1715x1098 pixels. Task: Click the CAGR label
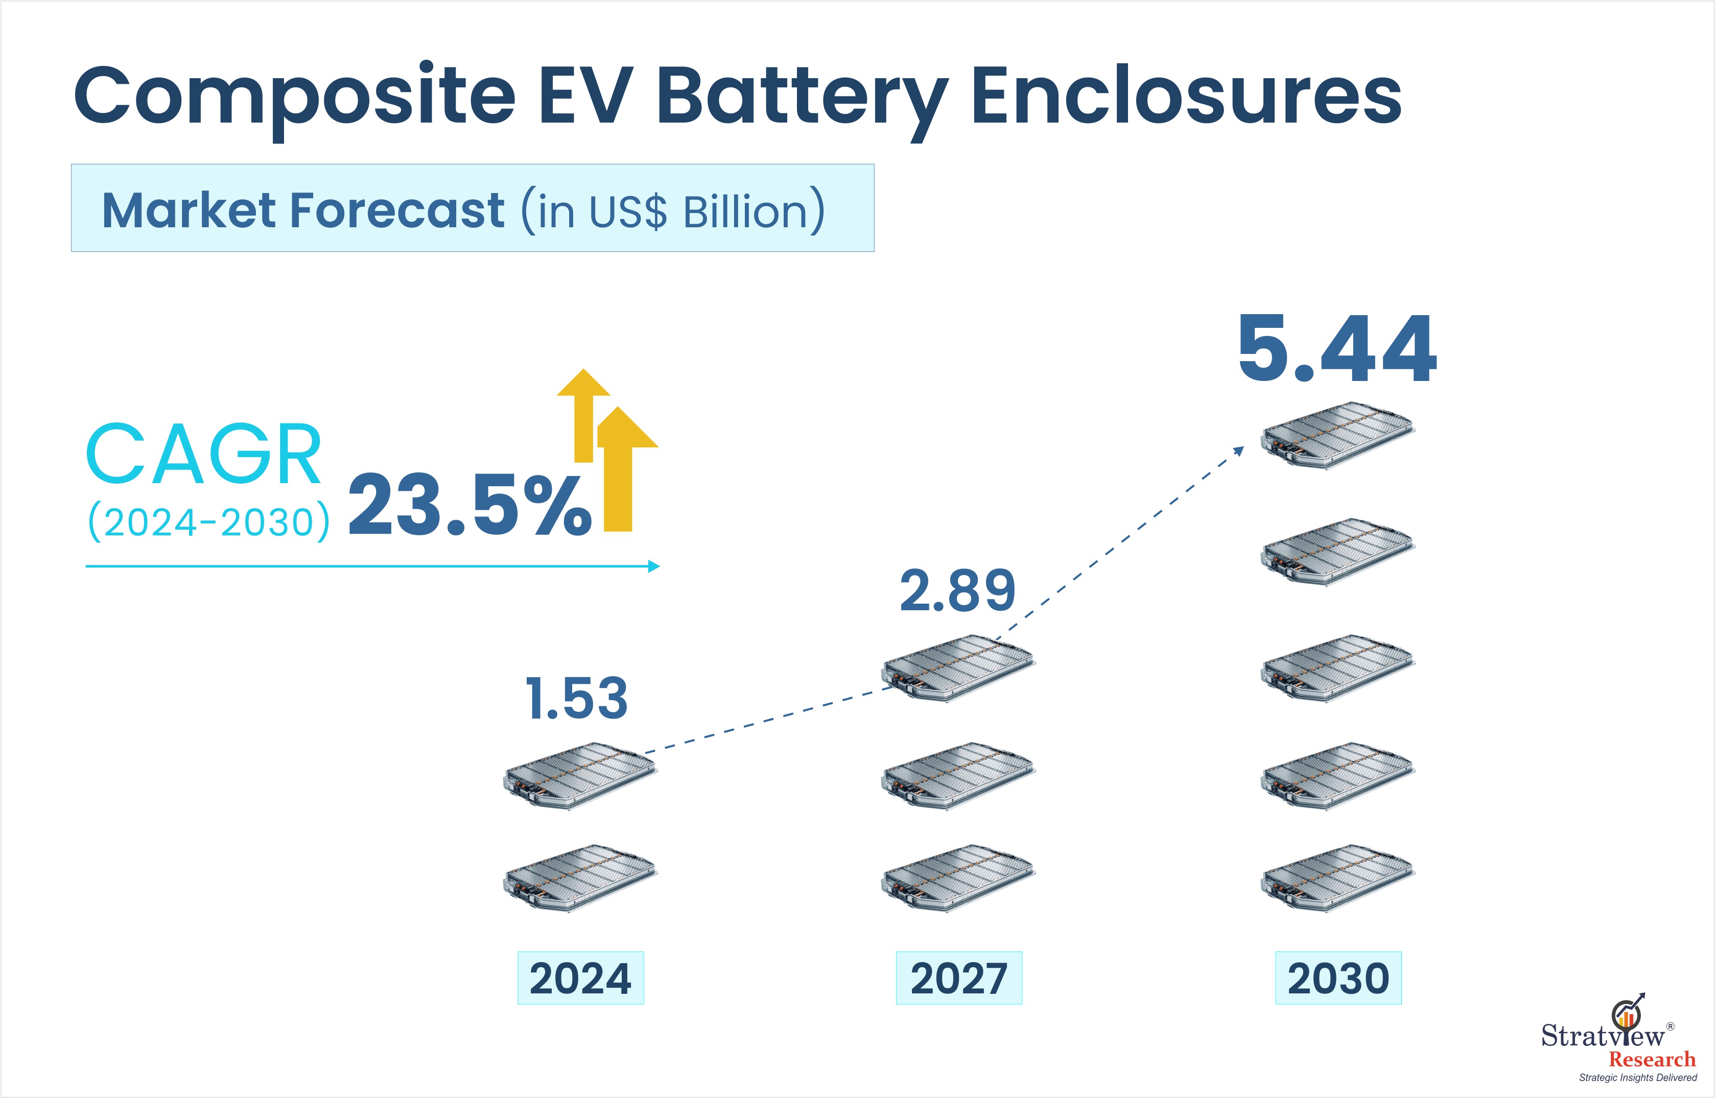(203, 454)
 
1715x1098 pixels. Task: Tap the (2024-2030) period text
(208, 522)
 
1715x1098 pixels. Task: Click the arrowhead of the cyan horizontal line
(653, 567)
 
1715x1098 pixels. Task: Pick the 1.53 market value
(576, 698)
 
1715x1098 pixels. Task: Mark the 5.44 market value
(1337, 350)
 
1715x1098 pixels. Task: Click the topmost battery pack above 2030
(1337, 435)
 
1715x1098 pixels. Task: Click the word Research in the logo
(1652, 1060)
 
